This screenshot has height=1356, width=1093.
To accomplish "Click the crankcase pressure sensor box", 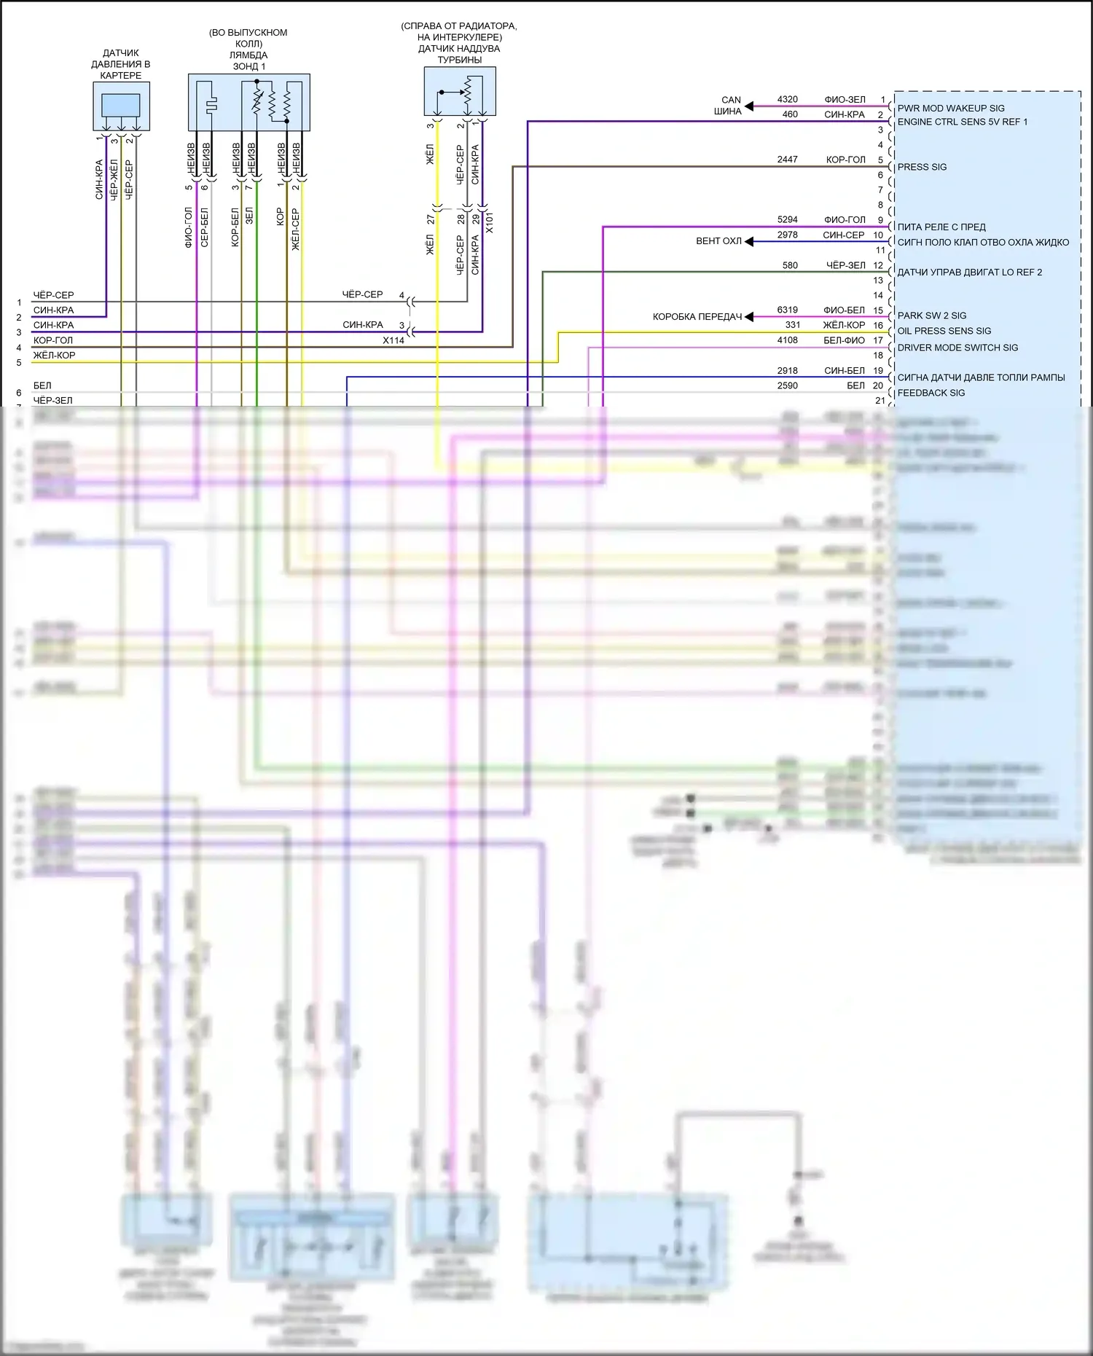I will click(x=121, y=106).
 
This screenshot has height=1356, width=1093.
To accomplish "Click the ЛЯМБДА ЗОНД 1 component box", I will click(x=248, y=102).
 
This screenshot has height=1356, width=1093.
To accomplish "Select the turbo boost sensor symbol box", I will click(x=460, y=92).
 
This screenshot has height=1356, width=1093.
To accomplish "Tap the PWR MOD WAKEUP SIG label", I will click(x=950, y=109).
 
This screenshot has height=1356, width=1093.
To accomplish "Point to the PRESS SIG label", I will click(x=922, y=167).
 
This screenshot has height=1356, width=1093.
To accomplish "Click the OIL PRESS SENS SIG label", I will click(x=944, y=331).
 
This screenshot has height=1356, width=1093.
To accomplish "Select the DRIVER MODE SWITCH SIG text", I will click(x=957, y=348).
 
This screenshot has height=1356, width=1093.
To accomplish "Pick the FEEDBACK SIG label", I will click(x=931, y=393).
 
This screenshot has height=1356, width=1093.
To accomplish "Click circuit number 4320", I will click(x=787, y=99).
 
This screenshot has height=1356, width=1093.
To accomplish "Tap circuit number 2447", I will click(x=787, y=159).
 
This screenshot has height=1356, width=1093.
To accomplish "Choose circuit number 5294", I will click(x=787, y=219).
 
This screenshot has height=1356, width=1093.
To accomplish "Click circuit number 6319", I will click(x=787, y=310).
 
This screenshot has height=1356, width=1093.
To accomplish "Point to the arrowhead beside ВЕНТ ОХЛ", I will click(x=749, y=241).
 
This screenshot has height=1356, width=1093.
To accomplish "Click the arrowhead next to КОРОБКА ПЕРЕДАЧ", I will click(x=749, y=317).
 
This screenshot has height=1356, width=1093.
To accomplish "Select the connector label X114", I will click(x=393, y=340).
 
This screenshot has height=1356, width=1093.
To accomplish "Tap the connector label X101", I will click(x=490, y=222).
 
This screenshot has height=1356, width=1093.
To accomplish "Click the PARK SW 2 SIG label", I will click(x=931, y=316).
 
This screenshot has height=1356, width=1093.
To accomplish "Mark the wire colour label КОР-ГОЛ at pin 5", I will click(x=845, y=160).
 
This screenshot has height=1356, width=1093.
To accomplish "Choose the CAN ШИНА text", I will click(x=729, y=106).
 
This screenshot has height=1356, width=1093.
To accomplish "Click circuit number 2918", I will click(x=787, y=370).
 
